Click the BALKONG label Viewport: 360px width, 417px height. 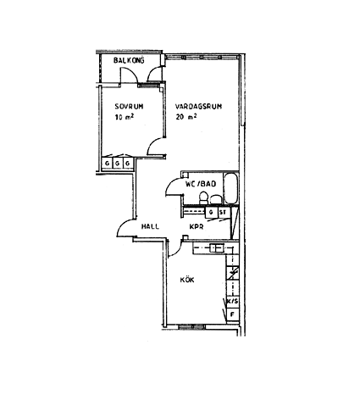pos(129,60)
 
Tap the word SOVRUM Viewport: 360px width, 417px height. pos(129,107)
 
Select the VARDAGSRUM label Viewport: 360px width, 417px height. pos(198,107)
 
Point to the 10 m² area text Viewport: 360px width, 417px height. pos(124,117)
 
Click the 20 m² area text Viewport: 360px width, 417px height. pos(186,117)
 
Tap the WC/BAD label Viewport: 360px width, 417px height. pos(201,184)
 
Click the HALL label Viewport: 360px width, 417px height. pos(150,226)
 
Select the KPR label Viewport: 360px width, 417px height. pos(197,226)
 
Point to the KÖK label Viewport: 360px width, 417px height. pos(187,280)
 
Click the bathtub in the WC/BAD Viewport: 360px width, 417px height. pos(231,188)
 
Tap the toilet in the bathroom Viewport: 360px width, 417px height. pos(203,197)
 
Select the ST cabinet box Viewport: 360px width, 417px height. pos(224,212)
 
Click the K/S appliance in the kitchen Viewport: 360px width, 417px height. pos(233,302)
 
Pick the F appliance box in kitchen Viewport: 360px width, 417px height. pos(233,314)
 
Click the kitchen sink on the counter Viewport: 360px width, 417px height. pos(217,247)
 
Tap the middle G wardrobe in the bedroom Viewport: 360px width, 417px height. pos(118,164)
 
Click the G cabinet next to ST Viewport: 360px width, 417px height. pos(211,212)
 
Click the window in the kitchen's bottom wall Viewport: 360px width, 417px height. pos(192,327)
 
